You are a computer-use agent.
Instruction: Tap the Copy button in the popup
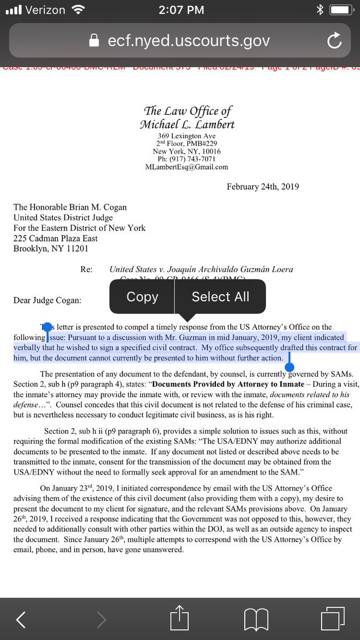142,297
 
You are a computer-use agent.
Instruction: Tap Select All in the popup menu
220,297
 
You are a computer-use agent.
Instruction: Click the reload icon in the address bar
334,41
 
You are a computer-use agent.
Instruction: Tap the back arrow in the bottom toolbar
21,619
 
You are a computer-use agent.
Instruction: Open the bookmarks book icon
255,619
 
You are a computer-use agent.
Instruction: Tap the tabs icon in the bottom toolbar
333,619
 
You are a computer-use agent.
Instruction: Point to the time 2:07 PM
180,10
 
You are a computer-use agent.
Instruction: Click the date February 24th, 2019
262,187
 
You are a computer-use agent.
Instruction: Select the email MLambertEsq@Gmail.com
187,167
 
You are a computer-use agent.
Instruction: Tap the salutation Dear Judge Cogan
47,300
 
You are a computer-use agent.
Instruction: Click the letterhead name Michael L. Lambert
187,125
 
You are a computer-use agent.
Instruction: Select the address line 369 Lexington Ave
187,137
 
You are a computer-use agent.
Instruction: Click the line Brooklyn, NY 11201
51,249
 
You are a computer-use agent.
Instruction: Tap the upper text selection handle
47,327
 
